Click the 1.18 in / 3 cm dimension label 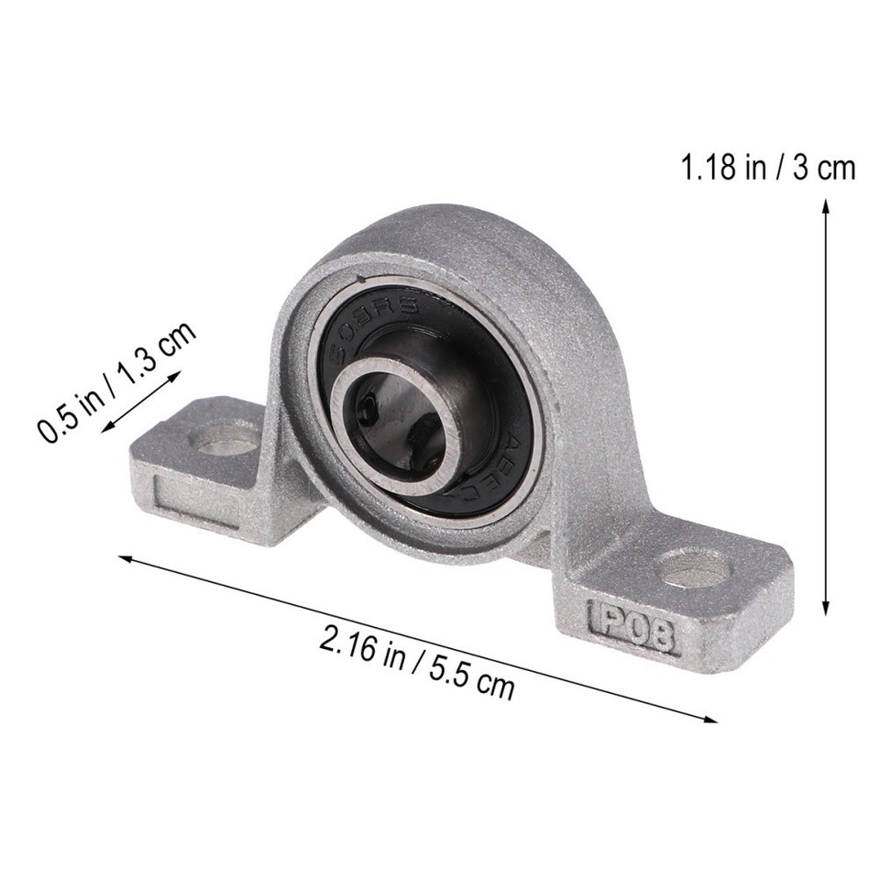pyautogui.click(x=766, y=169)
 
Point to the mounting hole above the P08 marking pyautogui.click(x=696, y=567)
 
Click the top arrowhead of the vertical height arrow pyautogui.click(x=826, y=207)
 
